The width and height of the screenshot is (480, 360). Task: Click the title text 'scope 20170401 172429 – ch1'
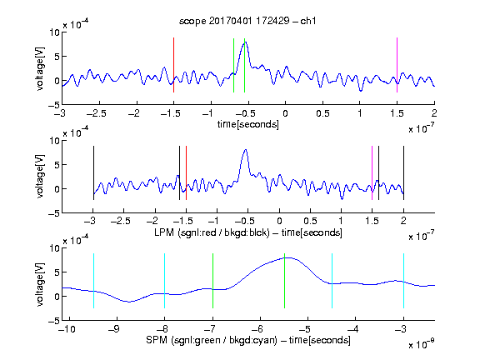[247, 21]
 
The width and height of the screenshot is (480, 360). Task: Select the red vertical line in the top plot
[173, 65]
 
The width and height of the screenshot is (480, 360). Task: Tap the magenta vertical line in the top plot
[397, 65]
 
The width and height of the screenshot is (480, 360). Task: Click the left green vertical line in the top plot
[233, 65]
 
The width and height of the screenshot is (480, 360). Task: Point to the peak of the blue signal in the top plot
[245, 42]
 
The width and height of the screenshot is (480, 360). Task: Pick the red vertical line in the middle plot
[186, 173]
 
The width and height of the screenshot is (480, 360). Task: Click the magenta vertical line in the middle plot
[372, 173]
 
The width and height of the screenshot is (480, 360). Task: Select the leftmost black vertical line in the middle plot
[93, 173]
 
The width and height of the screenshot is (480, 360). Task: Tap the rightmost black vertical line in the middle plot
[403, 173]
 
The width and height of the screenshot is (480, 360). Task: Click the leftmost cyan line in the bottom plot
[93, 281]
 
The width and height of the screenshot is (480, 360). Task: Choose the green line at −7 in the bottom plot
[212, 281]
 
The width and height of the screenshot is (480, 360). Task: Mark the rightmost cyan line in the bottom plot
[403, 281]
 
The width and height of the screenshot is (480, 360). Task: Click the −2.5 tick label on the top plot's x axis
[97, 114]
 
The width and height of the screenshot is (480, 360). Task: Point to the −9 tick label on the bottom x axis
[114, 329]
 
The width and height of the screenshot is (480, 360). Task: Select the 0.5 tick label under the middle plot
[310, 221]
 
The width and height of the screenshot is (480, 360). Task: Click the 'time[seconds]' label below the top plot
[248, 124]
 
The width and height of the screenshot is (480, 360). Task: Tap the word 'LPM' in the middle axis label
[164, 232]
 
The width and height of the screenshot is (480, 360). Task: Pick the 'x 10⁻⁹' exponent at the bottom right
[421, 344]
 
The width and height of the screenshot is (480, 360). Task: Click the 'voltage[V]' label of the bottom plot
[40, 284]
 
